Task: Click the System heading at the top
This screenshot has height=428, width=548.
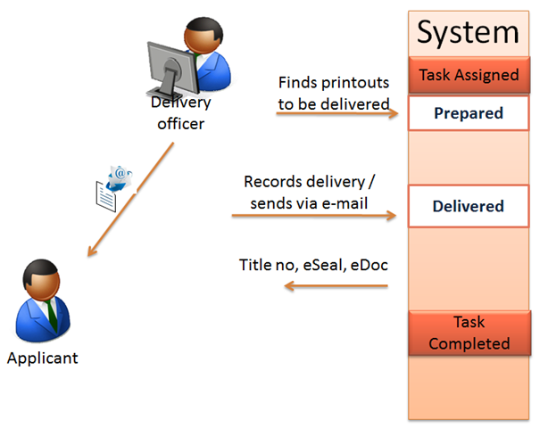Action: pyautogui.click(x=468, y=32)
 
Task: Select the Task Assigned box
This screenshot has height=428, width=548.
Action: pyautogui.click(x=468, y=75)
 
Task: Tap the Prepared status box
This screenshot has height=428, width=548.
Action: pyautogui.click(x=468, y=113)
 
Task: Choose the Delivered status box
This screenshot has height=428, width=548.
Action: pyautogui.click(x=468, y=206)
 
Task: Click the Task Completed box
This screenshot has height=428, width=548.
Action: pyautogui.click(x=468, y=332)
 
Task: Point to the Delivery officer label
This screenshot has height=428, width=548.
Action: pyautogui.click(x=180, y=113)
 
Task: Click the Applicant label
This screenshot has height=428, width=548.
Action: pyautogui.click(x=42, y=358)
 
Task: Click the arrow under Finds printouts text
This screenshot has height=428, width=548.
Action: pyautogui.click(x=336, y=115)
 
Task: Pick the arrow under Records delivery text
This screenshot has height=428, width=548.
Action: pyautogui.click(x=312, y=215)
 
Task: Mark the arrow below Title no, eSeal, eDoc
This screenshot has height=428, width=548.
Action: pyautogui.click(x=336, y=286)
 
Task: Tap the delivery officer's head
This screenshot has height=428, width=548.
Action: pyautogui.click(x=201, y=37)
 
